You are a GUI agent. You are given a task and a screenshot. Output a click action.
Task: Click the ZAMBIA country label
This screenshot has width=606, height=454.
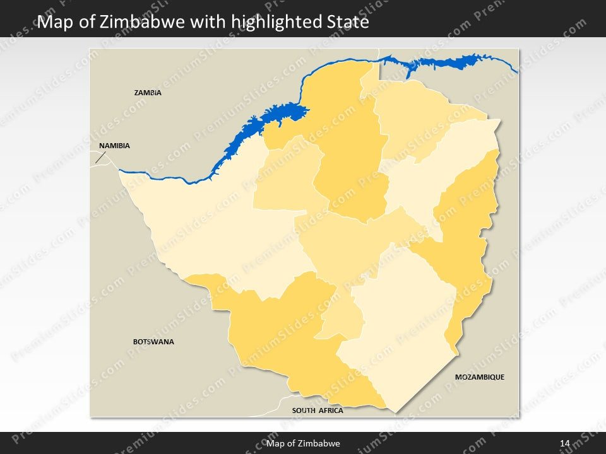tap(148, 93)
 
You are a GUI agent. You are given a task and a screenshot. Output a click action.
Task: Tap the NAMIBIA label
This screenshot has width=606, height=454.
tap(114, 146)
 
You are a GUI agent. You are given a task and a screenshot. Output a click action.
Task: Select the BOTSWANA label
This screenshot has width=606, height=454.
tap(153, 342)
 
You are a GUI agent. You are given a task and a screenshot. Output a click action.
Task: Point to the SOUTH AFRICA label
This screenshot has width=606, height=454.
tap(318, 410)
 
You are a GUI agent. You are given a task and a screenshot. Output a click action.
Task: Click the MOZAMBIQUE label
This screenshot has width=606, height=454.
tap(480, 377)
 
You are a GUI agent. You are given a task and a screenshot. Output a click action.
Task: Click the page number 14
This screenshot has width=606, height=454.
tap(565, 444)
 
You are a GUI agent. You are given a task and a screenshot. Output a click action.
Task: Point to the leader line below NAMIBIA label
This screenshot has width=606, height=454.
tap(100, 158)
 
